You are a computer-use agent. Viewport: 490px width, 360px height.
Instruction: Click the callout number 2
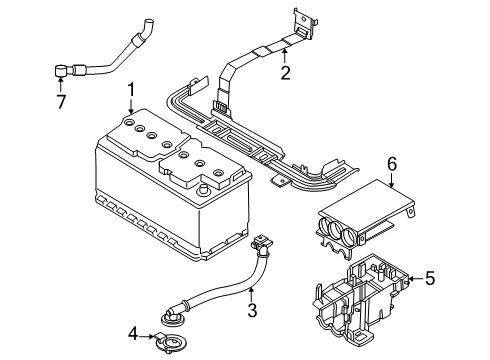click(285, 72)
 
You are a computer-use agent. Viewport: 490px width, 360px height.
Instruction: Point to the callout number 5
click(430, 278)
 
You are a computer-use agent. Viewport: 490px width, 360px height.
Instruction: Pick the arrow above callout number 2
click(285, 56)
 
